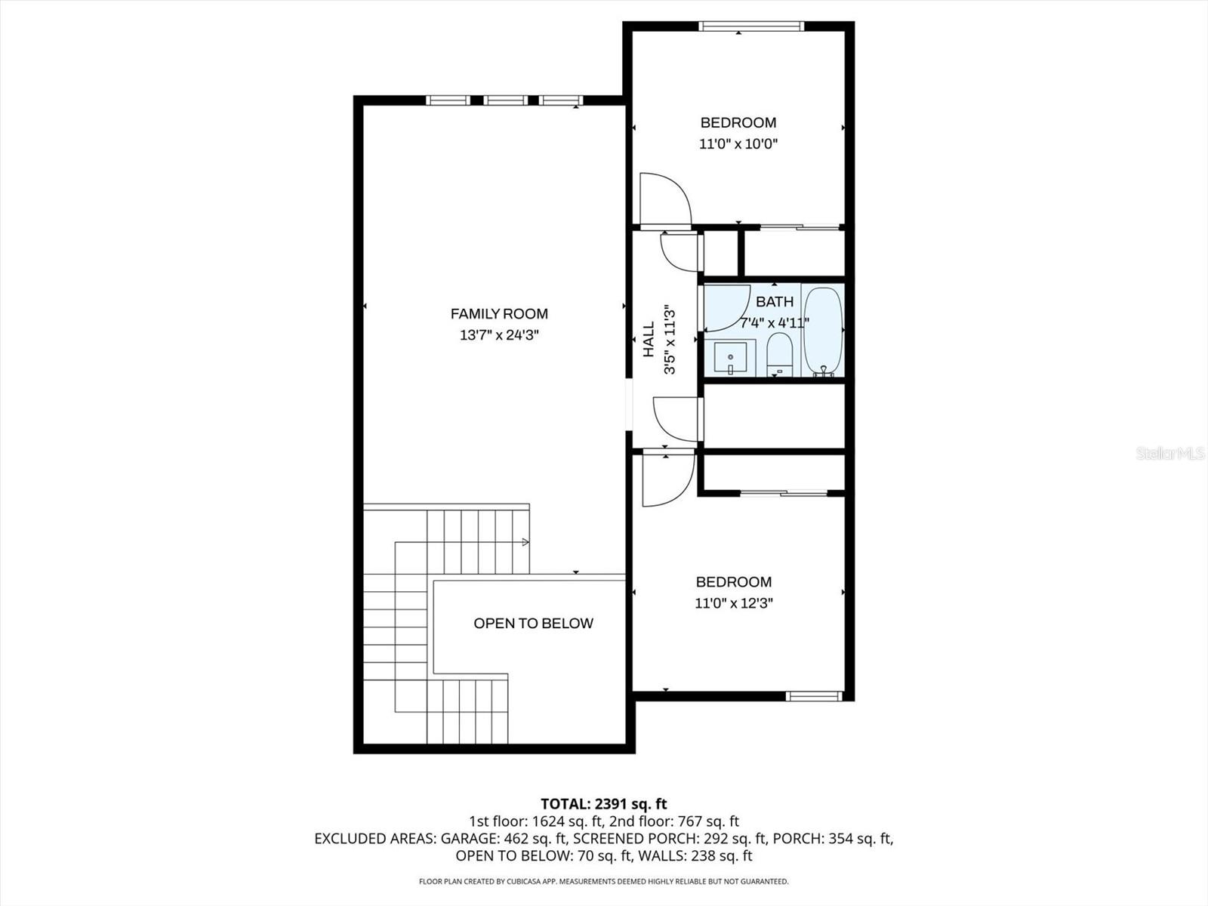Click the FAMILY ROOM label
(499, 313)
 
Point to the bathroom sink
(730, 357)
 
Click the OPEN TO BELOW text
(533, 623)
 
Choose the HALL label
(649, 339)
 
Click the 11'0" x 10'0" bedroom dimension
(738, 143)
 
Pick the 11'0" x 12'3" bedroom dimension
(733, 603)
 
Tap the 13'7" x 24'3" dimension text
(499, 334)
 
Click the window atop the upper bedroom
(750, 27)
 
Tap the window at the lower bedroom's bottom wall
(814, 696)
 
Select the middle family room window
(505, 100)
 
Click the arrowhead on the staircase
(525, 542)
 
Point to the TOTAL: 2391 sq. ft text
(603, 804)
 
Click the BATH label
(775, 301)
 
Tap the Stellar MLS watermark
(1169, 453)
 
